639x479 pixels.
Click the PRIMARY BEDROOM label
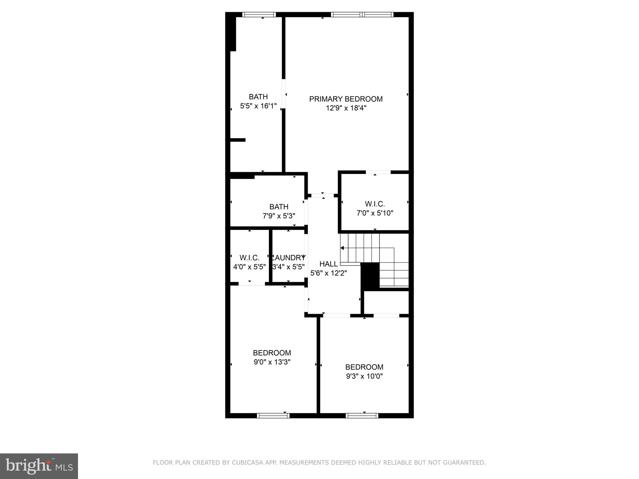point(346,99)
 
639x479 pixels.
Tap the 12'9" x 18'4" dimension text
point(346,108)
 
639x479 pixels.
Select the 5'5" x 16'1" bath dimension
point(258,106)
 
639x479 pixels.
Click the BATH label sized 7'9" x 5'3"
point(279,207)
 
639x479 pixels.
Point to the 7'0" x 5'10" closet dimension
point(375,213)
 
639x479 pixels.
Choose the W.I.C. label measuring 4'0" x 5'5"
point(249,258)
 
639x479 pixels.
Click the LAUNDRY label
point(289,258)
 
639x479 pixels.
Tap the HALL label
point(329,264)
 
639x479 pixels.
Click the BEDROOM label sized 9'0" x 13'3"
point(272,353)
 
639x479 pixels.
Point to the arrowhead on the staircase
point(342,248)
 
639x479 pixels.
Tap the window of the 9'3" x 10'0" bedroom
point(362,415)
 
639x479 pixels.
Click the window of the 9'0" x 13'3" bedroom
point(273,415)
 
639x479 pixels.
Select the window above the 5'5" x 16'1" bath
point(259,14)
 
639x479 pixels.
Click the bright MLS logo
point(39,466)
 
